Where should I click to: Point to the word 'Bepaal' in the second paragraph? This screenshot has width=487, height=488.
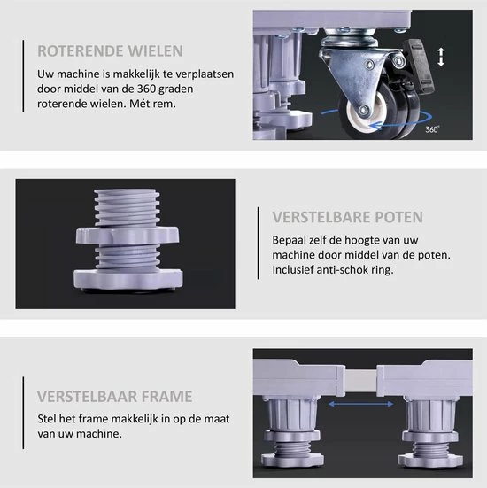[x=290, y=238]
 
